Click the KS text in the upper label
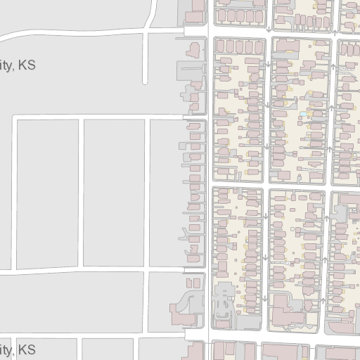(27, 65)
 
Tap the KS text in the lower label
(27, 349)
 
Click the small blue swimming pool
(304, 115)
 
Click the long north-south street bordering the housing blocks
(209, 211)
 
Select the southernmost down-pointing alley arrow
(264, 297)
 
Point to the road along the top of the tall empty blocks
(98, 116)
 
